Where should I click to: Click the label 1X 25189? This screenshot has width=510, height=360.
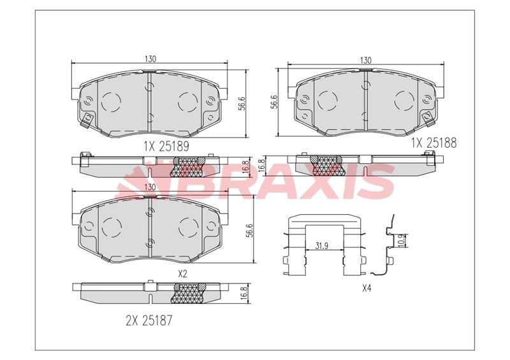click(x=166, y=147)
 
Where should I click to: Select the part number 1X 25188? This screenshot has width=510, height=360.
click(x=434, y=143)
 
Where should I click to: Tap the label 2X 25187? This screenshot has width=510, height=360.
click(x=149, y=320)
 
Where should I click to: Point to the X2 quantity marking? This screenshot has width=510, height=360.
click(x=183, y=274)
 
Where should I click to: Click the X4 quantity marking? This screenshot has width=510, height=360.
click(x=367, y=288)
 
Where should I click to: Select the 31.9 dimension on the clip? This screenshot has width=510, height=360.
click(x=321, y=246)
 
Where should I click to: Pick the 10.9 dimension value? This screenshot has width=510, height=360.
click(x=403, y=240)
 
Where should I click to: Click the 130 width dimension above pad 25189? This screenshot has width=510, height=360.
click(x=150, y=59)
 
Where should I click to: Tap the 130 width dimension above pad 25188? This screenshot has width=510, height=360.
click(x=366, y=60)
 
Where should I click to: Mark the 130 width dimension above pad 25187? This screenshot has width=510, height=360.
click(x=150, y=187)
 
